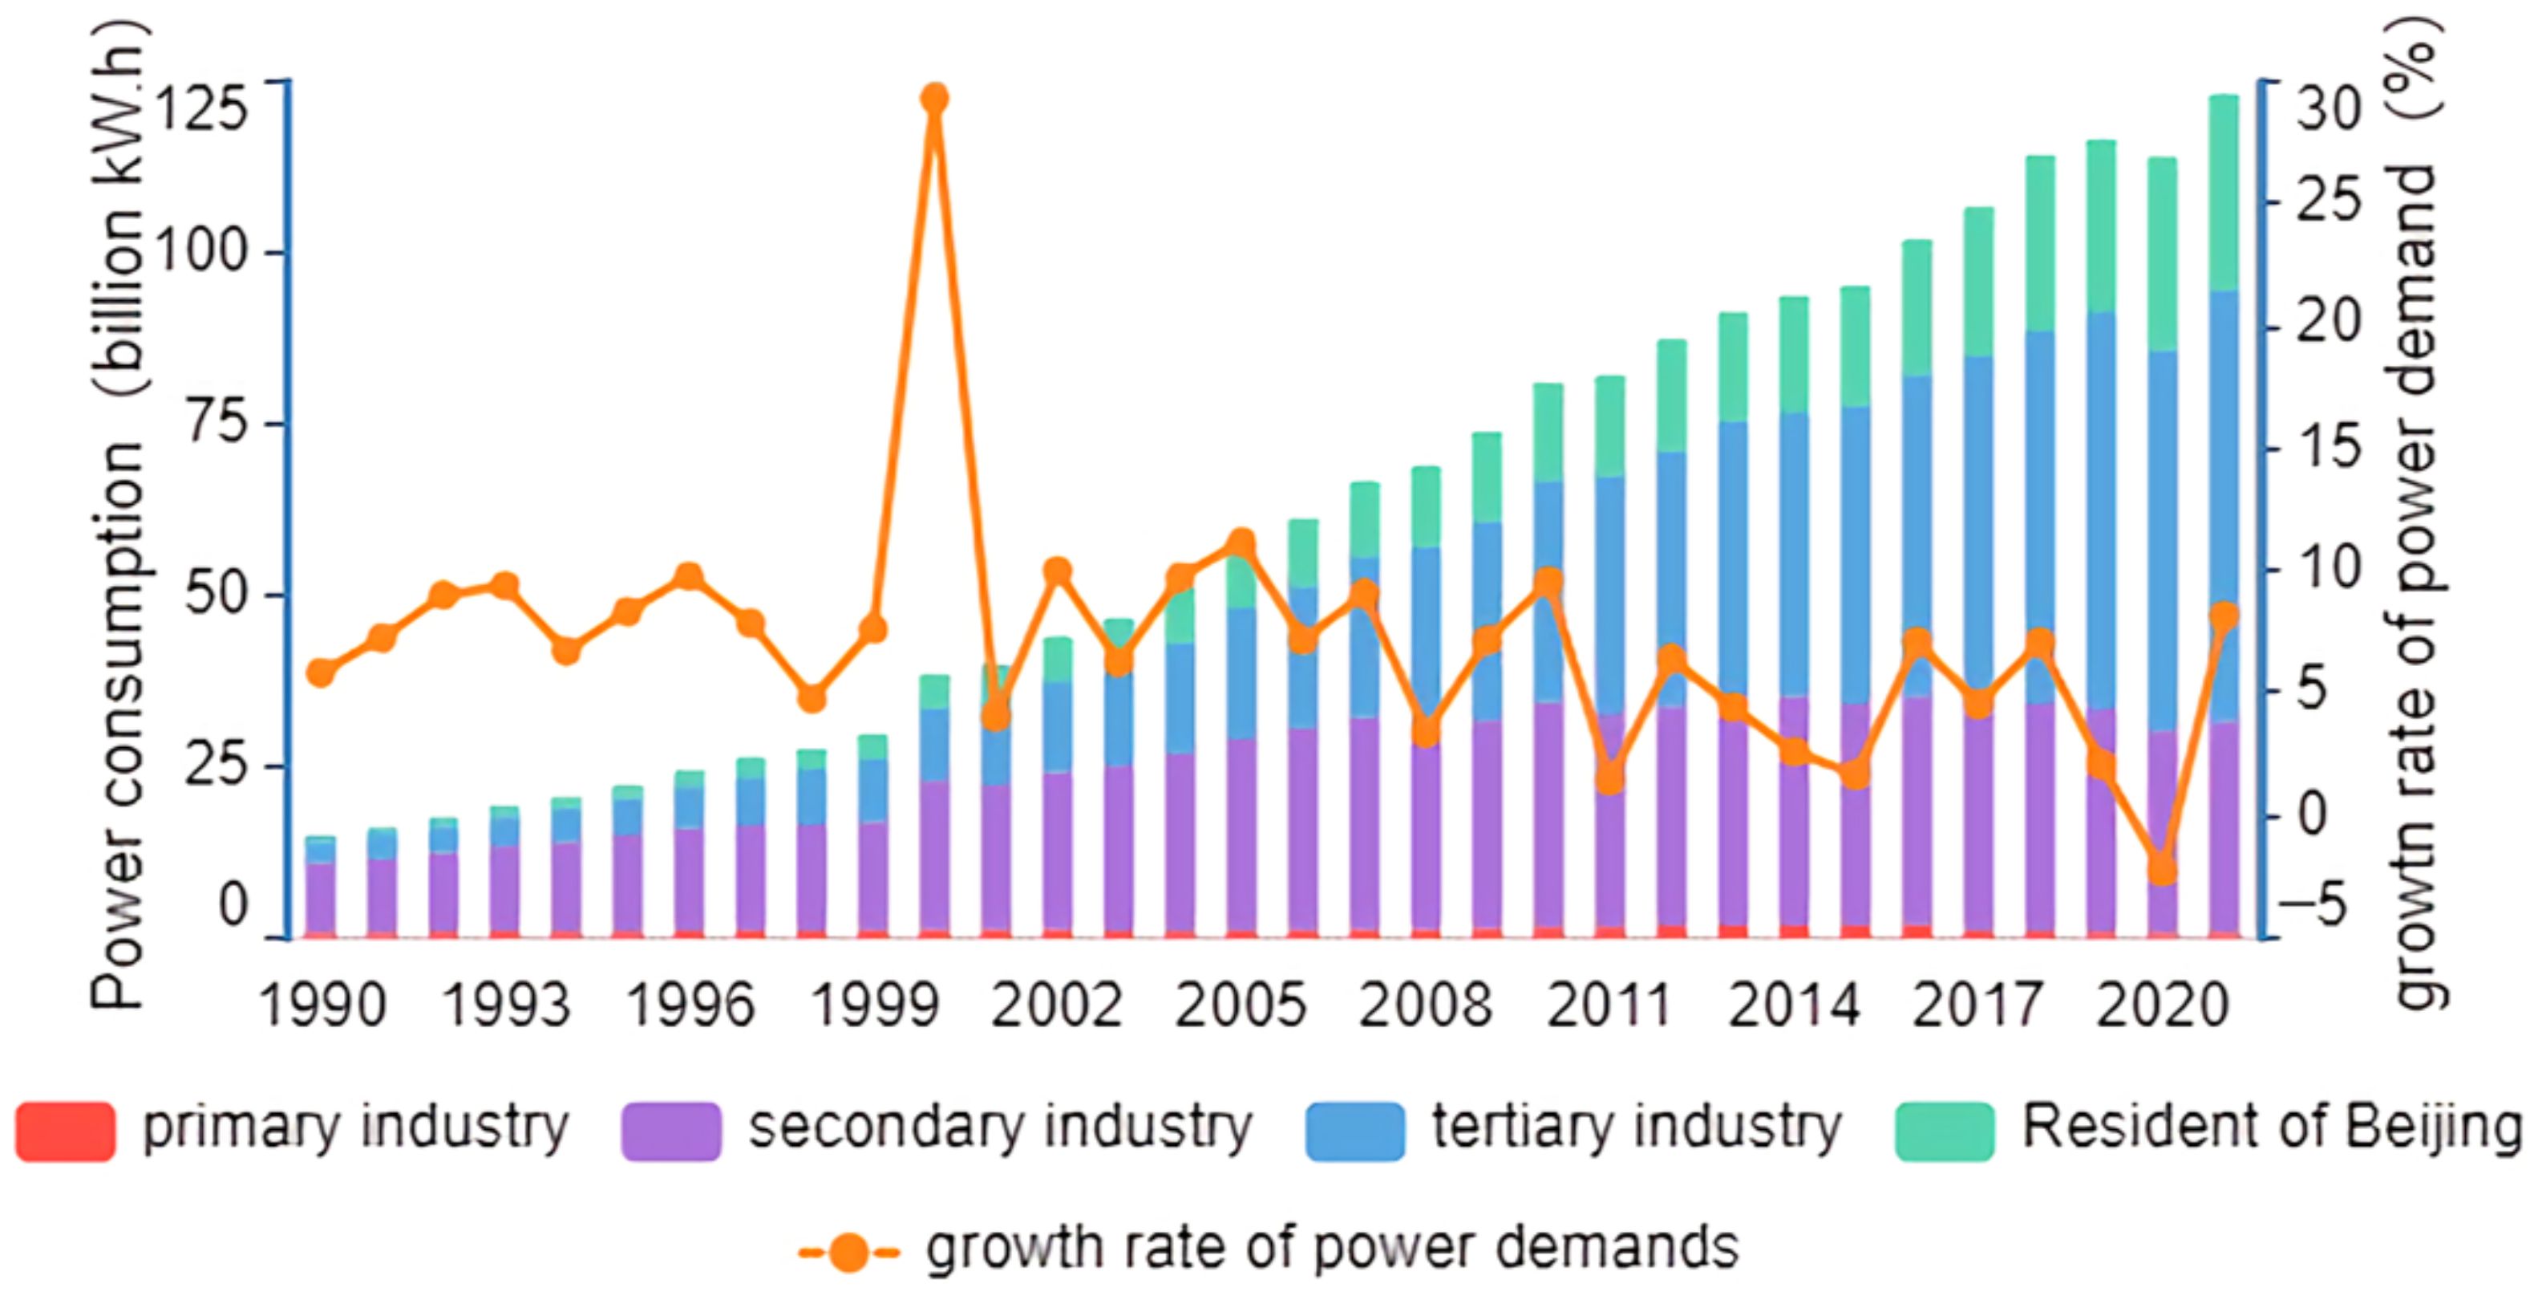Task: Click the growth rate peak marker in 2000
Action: click(934, 99)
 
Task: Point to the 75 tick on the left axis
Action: click(215, 424)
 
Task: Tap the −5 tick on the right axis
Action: click(2320, 904)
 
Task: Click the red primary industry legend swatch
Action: click(65, 1131)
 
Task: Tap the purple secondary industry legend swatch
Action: click(671, 1131)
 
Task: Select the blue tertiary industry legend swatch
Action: click(1354, 1131)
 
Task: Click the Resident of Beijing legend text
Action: click(2272, 1127)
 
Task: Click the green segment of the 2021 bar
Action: click(2224, 192)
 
